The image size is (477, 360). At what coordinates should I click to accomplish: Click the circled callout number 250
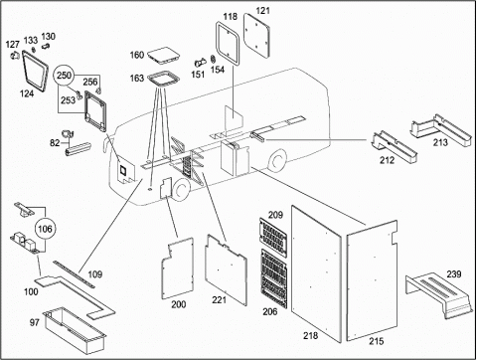64,76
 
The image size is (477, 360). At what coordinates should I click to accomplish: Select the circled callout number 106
45,229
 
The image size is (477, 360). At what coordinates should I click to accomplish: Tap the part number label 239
453,274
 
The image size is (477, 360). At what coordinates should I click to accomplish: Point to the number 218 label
310,335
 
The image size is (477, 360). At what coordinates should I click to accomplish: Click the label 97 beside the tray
35,322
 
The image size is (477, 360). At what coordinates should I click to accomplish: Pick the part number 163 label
137,79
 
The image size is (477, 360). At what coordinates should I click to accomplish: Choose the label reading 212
387,160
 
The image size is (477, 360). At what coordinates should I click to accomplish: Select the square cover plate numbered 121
257,36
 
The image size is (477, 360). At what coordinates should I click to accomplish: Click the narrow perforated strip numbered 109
74,273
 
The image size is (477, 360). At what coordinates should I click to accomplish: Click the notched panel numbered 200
178,268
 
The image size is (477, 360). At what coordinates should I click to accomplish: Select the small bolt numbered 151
201,62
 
